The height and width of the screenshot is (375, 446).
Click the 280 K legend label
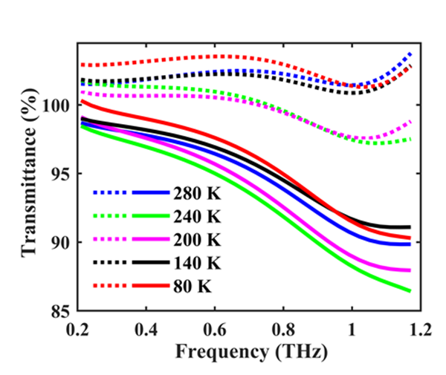pos(197,195)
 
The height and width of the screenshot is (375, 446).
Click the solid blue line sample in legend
pos(152,194)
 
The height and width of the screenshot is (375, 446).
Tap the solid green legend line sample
pos(152,217)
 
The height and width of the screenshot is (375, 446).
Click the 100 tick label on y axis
pos(58,106)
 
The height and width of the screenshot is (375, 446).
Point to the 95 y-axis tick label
pos(62,175)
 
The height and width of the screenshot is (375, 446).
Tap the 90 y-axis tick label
pos(62,243)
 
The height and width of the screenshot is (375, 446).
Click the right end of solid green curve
pos(410,290)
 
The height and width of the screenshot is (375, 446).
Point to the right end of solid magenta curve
pos(410,270)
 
